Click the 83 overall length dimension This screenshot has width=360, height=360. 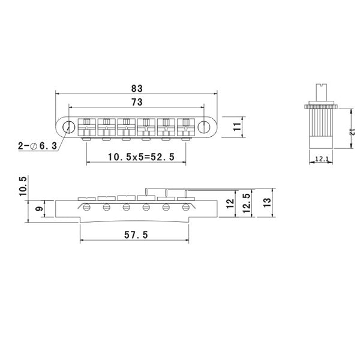137,88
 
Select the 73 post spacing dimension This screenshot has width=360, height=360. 137,102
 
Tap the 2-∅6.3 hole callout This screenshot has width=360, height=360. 37,146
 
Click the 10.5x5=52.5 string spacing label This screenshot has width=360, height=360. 141,157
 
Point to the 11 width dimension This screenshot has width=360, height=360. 237,127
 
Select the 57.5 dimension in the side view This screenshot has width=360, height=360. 136,235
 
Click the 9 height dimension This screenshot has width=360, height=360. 40,209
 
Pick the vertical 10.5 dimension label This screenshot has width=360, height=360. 23,186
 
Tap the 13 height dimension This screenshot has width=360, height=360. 267,203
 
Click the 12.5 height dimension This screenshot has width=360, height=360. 247,203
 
